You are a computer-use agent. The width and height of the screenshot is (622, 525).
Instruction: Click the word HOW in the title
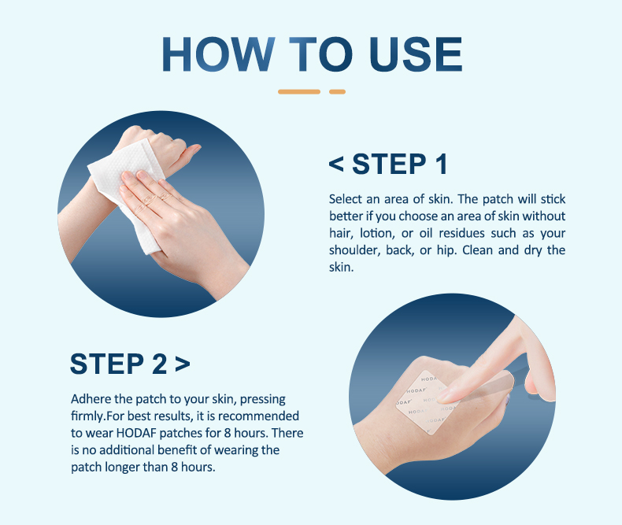pyautogui.click(x=218, y=54)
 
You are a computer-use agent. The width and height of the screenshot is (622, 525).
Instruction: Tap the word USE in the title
pyautogui.click(x=416, y=54)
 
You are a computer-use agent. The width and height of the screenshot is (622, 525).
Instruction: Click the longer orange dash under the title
pyautogui.click(x=299, y=91)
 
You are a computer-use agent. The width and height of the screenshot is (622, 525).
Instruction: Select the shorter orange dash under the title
pyautogui.click(x=337, y=91)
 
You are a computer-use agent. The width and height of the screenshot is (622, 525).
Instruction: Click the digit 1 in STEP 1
pyautogui.click(x=441, y=164)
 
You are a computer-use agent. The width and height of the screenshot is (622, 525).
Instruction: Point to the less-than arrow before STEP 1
pyautogui.click(x=336, y=165)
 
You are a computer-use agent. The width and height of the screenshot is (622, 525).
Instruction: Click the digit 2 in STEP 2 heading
pyautogui.click(x=160, y=364)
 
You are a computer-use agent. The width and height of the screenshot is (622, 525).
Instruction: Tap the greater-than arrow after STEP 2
pyautogui.click(x=183, y=364)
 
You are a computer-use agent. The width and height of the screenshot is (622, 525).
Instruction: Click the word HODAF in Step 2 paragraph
pyautogui.click(x=136, y=433)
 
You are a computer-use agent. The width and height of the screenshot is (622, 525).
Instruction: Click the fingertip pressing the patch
pyautogui.click(x=443, y=396)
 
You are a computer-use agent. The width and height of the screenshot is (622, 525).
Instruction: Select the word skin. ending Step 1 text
pyautogui.click(x=341, y=267)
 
